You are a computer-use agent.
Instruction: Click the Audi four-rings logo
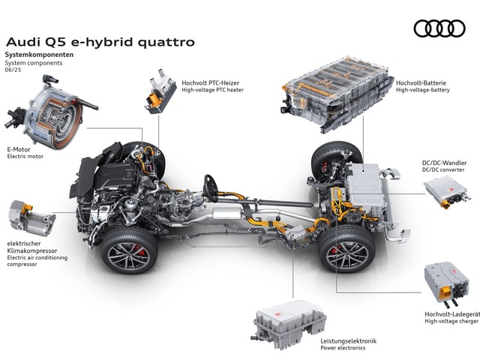click(439, 28)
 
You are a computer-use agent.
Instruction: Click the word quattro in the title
click(166, 42)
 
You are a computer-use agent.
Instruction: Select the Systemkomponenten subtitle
click(39, 55)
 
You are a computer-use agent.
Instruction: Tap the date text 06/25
click(13, 70)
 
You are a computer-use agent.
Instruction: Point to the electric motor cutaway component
click(51, 112)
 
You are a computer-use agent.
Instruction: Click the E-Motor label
click(19, 150)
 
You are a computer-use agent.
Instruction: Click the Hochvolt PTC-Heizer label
click(211, 83)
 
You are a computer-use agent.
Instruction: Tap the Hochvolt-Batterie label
click(421, 83)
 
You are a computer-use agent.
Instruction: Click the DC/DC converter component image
click(445, 193)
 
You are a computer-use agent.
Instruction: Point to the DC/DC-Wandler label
click(445, 163)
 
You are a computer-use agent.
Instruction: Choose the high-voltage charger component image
click(446, 284)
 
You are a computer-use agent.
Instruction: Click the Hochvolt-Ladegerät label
click(451, 314)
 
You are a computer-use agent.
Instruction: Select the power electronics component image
click(289, 325)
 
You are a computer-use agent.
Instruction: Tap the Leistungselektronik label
click(348, 341)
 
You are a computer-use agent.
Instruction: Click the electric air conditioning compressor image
click(31, 218)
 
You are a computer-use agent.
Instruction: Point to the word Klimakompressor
click(32, 250)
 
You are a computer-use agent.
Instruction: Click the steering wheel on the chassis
click(211, 188)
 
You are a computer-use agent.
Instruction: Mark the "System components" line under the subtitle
click(34, 63)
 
